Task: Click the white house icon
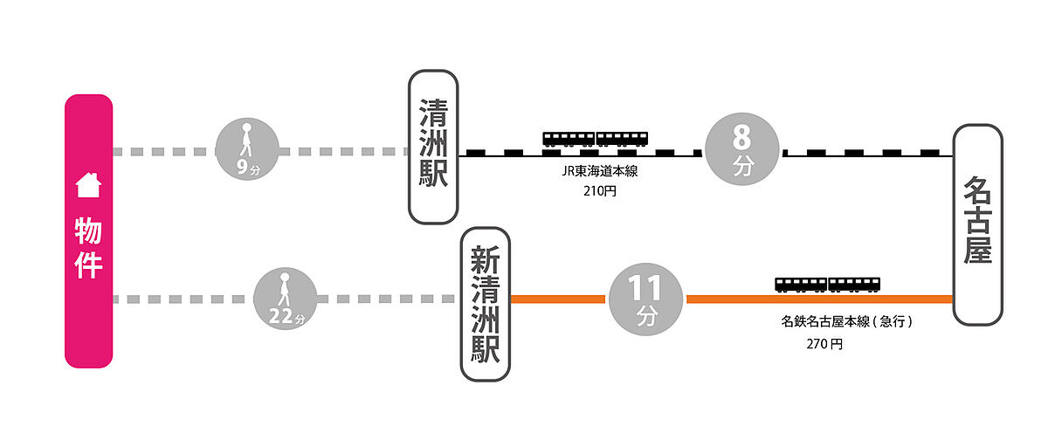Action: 88,185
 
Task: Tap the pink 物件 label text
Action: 88,248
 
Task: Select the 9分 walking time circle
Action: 247,149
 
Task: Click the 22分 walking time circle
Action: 285,299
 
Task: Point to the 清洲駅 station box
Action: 433,147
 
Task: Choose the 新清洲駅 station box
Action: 486,304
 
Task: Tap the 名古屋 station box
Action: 978,225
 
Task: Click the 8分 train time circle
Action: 742,149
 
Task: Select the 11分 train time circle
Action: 645,299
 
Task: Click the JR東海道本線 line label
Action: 600,172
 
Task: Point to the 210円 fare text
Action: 600,191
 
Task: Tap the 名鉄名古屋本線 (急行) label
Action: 847,321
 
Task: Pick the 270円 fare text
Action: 824,344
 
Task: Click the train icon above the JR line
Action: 595,140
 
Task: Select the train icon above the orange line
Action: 827,285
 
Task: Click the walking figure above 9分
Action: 246,140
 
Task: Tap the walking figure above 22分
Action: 284,290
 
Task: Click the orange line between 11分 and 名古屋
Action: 820,299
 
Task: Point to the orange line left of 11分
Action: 558,299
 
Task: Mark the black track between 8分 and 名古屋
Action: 868,154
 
